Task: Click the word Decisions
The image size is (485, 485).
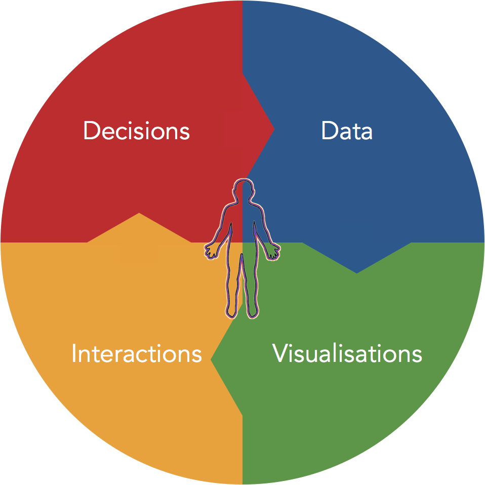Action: click(x=136, y=131)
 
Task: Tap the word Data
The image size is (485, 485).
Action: click(x=347, y=131)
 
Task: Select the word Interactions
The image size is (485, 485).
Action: click(x=136, y=353)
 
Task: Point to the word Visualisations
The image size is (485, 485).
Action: click(x=347, y=353)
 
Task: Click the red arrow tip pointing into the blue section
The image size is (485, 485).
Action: click(x=274, y=129)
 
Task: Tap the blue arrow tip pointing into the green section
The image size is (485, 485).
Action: click(x=356, y=273)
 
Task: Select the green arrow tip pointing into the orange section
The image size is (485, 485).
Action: click(x=211, y=359)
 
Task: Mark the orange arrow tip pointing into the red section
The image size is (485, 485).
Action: click(x=139, y=213)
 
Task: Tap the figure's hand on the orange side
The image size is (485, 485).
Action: click(x=211, y=251)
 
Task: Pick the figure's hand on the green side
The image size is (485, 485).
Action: click(x=273, y=251)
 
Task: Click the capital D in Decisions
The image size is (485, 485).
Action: click(x=92, y=131)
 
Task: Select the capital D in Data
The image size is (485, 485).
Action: click(x=330, y=131)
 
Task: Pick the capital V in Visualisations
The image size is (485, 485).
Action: click(x=281, y=353)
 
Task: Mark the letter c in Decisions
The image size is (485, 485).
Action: click(x=122, y=134)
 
